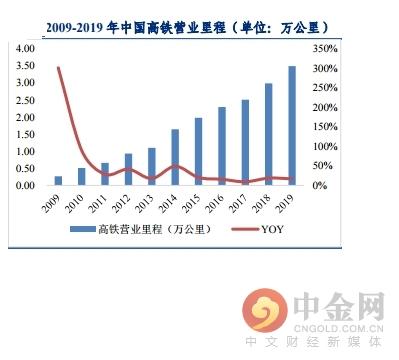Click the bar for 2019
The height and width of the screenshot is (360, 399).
pyautogui.click(x=292, y=126)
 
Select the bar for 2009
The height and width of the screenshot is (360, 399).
pyautogui.click(x=59, y=180)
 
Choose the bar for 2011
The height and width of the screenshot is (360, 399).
pyautogui.click(x=105, y=174)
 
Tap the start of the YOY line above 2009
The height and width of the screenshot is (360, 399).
pyautogui.click(x=59, y=68)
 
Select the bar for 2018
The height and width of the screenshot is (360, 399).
pyautogui.click(x=269, y=134)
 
